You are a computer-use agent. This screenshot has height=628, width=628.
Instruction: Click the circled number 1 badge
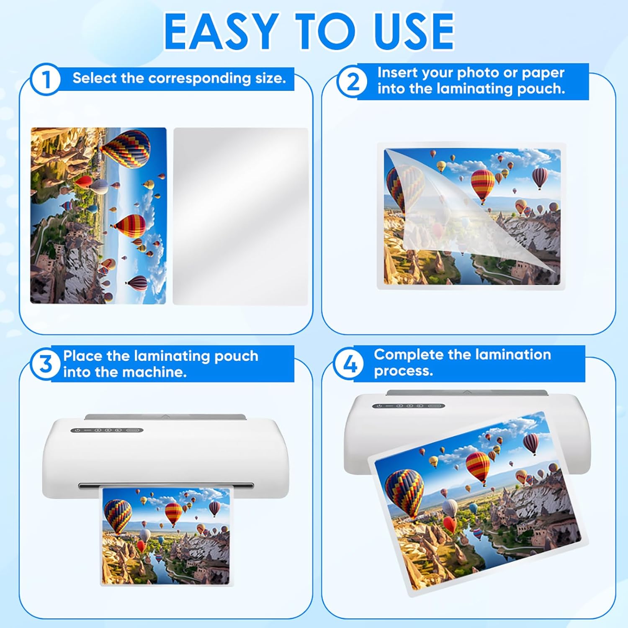click(45, 80)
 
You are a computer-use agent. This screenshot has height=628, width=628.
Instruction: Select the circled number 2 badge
click(353, 81)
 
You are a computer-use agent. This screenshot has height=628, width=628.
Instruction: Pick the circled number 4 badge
click(349, 363)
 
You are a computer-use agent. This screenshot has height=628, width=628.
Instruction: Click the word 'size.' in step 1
click(270, 78)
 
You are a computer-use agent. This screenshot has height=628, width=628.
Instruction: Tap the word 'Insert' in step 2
click(397, 72)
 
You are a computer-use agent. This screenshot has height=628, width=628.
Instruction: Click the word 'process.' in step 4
click(403, 371)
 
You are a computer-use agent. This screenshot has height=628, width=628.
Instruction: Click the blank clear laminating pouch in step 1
click(241, 216)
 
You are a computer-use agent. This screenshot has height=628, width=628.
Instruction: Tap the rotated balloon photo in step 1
click(98, 216)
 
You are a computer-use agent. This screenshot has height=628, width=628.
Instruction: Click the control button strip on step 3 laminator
click(107, 430)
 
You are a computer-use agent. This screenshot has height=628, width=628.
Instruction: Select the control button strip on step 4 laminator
click(409, 406)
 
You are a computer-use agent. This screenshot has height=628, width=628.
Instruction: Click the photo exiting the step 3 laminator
click(166, 536)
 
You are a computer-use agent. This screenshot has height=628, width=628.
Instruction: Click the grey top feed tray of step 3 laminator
click(165, 417)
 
